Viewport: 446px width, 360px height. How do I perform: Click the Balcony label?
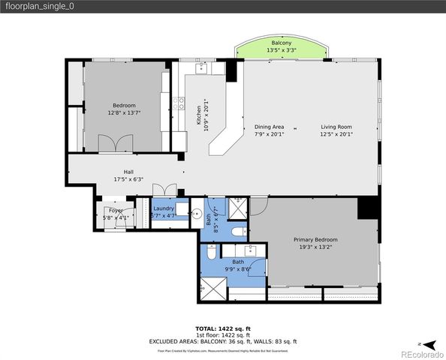point(282,43)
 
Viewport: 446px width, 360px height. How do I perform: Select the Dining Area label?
point(269,127)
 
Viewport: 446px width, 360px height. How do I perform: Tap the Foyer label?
point(116,211)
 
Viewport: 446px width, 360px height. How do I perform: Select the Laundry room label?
point(164,208)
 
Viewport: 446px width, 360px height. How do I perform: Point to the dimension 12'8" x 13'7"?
point(124,112)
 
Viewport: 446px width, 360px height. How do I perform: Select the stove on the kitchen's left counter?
point(179,103)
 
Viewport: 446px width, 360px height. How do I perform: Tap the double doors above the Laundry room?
point(166,190)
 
